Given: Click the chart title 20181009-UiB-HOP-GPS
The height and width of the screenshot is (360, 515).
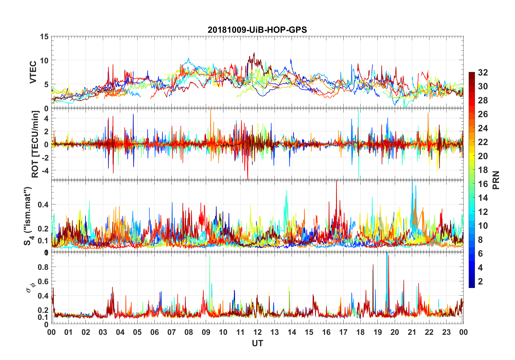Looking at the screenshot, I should (x=257, y=30).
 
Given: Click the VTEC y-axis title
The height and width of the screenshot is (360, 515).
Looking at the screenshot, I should (x=33, y=72).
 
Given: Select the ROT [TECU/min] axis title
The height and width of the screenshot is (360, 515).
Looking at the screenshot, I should (x=35, y=144).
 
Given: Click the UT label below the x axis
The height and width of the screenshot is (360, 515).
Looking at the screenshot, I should (x=257, y=343).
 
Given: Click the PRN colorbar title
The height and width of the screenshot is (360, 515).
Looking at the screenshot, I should (x=496, y=180).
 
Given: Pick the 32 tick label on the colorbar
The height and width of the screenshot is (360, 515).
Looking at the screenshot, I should (x=483, y=73).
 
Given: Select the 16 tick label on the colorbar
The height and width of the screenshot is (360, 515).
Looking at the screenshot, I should (x=483, y=184).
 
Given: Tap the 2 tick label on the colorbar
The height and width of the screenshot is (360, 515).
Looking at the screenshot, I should (x=480, y=282).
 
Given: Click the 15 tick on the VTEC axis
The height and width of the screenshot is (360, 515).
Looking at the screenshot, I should (x=44, y=37).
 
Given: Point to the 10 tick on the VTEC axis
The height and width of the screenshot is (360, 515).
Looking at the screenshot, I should (x=44, y=60).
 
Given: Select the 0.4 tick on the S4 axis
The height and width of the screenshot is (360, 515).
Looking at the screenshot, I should (x=43, y=204).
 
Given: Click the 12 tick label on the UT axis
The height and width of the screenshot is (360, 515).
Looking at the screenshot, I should (x=257, y=332).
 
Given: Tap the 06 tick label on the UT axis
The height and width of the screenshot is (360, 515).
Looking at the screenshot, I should (x=154, y=332).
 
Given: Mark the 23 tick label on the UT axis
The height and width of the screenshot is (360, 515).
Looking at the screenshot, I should (x=446, y=332).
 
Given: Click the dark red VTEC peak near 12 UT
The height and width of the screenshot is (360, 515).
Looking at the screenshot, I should (x=254, y=53).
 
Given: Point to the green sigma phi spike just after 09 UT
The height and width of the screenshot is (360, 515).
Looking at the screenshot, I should (x=210, y=256).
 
